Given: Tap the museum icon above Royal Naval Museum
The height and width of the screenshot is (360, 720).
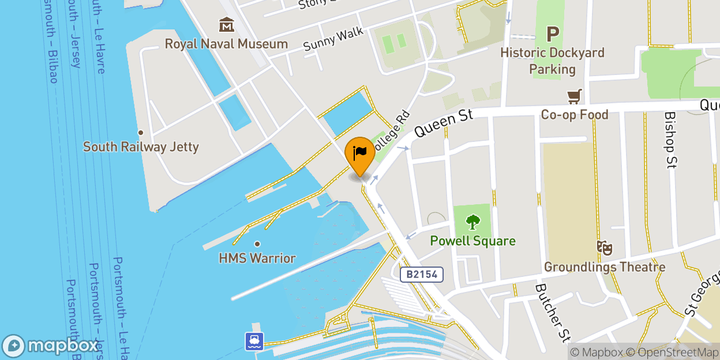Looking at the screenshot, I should pos(227,25).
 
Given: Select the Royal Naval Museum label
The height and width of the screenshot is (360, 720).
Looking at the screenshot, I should pos(226,44).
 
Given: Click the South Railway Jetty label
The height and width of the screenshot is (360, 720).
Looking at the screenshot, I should pos(141,147).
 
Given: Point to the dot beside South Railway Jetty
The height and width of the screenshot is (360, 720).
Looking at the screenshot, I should pos(140,132).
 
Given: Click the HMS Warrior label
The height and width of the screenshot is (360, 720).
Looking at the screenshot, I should pos(257,258).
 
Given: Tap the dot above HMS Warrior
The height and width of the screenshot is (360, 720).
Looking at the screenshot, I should pos(257,243).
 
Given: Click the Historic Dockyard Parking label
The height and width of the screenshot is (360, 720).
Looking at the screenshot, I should pos(552,61).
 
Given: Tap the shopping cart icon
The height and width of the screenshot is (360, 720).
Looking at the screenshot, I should pos(574,96).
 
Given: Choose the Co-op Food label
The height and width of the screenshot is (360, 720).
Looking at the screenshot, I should pos(574,115).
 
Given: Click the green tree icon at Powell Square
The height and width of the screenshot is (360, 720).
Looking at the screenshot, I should pos(473,222).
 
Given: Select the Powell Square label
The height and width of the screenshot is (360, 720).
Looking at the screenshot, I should pos(473,241).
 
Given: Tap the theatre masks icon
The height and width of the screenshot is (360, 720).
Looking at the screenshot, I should pos(605,248).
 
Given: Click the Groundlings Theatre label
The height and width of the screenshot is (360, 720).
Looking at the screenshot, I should pos(605,267).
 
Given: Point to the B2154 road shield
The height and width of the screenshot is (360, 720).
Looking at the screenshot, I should pos(423,275).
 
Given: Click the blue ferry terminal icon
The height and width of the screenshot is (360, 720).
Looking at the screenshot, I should pos(254,341).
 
